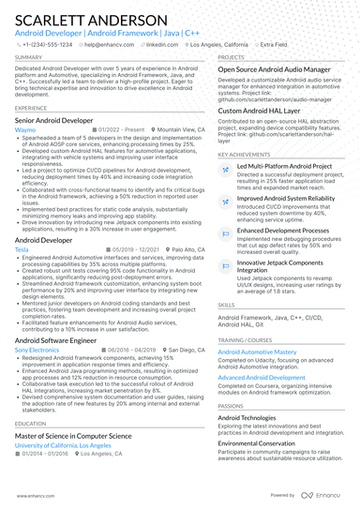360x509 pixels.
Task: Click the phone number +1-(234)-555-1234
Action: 49,44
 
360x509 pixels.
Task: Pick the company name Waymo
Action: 25,130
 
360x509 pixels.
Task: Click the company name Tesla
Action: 22,250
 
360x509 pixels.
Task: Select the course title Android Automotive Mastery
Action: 257,352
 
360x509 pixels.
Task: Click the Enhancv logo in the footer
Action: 322,494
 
